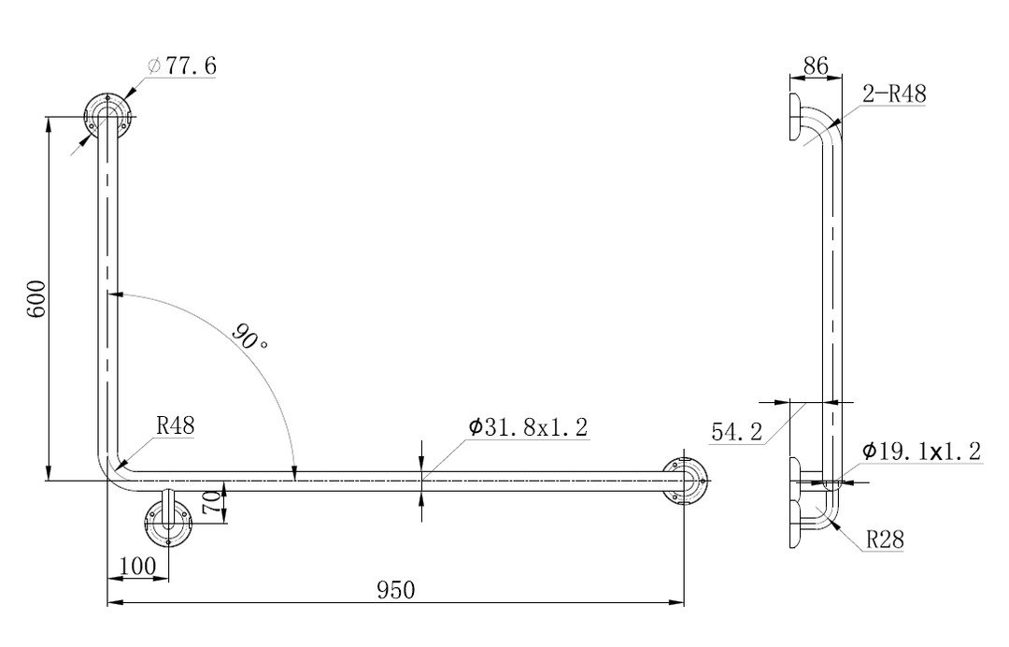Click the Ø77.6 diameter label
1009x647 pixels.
tap(181, 65)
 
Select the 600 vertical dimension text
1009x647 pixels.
tap(36, 298)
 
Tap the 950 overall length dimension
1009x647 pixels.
tap(396, 590)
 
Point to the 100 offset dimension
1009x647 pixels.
tap(137, 566)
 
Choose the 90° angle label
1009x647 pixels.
tap(250, 336)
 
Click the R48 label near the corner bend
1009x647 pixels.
tap(175, 425)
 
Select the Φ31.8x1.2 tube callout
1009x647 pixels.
tap(528, 427)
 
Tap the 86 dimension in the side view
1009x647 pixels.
tap(816, 65)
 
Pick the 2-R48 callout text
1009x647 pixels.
tap(894, 94)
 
